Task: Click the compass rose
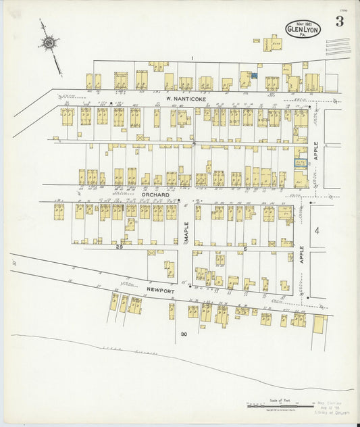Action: (x=49, y=44)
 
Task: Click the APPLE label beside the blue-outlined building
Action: (x=314, y=151)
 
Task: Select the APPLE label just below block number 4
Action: (x=302, y=254)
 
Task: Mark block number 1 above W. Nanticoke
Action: (x=192, y=59)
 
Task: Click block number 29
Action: (x=120, y=247)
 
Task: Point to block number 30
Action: (x=183, y=334)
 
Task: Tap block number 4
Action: (x=316, y=231)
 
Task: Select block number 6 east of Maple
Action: (x=246, y=249)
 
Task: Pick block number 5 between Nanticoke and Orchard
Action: (x=193, y=144)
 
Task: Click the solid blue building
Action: (x=254, y=76)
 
